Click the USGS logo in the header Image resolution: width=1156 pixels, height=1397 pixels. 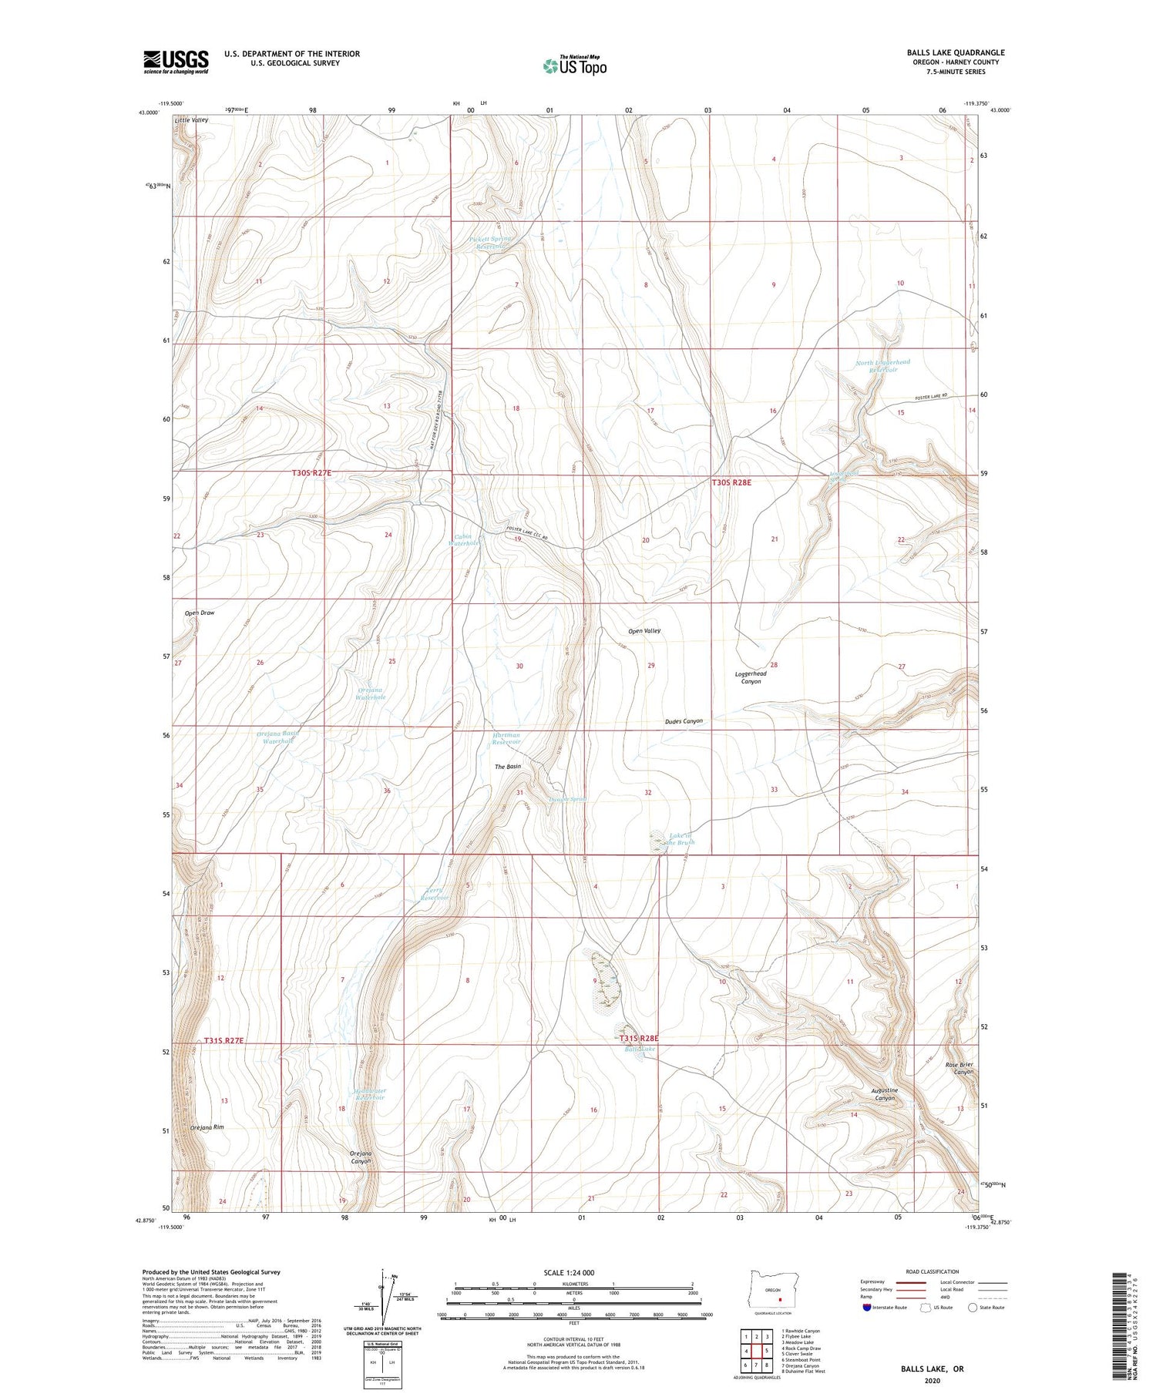(176, 62)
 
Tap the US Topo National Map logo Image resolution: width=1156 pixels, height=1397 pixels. (574, 65)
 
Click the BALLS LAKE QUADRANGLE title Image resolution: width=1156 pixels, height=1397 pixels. (955, 52)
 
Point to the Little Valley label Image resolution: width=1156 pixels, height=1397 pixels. (191, 121)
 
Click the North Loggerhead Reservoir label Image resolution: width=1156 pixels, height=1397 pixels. (882, 366)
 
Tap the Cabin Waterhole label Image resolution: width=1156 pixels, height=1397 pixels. (464, 539)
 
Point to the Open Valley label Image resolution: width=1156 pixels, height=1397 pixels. (644, 631)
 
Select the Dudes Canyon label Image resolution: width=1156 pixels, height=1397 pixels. (684, 721)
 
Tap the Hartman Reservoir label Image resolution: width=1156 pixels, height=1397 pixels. (506, 738)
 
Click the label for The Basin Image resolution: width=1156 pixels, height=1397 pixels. (508, 767)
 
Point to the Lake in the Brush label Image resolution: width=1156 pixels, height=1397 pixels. (681, 838)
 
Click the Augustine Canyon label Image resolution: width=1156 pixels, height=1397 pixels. (884, 1094)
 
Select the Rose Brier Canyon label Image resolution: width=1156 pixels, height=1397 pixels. (959, 1069)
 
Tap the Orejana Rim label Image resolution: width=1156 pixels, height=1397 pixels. (207, 1127)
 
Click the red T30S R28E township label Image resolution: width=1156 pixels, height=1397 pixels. (731, 482)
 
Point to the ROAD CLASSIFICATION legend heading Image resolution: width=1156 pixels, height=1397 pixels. (932, 1271)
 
